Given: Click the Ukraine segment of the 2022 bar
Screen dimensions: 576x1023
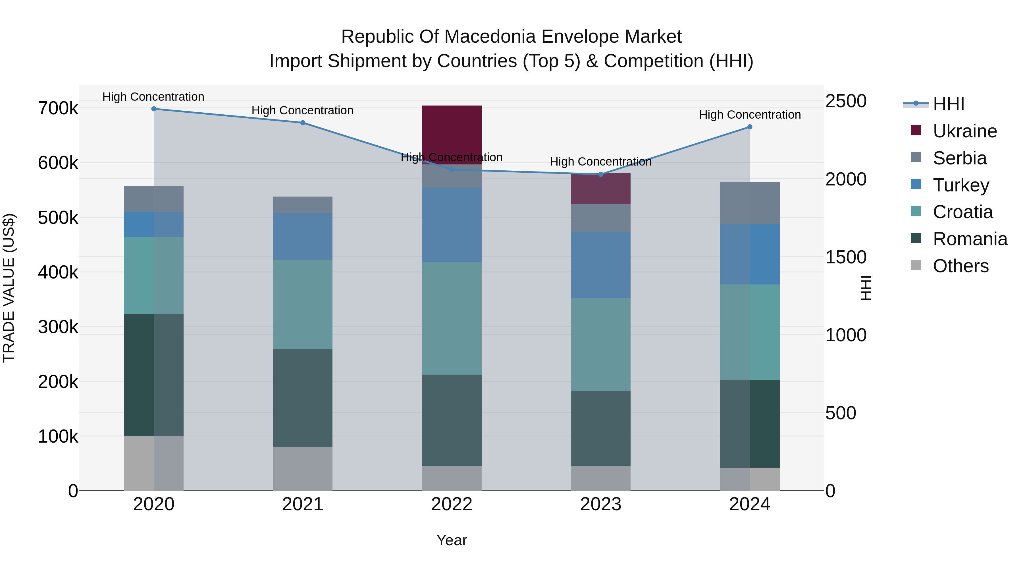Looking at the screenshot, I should coord(452,131).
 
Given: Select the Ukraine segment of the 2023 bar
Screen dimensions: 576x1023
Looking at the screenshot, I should coord(600,189).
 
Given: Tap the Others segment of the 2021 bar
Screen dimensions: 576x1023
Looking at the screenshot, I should coord(303,469).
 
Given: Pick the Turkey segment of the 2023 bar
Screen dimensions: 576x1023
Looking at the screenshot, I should coord(600,265).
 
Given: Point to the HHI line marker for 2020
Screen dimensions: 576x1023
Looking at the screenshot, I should coord(154,109).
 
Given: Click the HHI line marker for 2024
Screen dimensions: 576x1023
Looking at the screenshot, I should coord(750,127).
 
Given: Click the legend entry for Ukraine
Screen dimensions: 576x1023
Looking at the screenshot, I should coord(964,131).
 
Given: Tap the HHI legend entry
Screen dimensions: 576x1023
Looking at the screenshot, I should coord(948,104).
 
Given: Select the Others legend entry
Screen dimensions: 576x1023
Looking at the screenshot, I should coord(960,266).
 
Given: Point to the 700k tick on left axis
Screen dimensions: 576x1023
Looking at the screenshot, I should coord(58,108).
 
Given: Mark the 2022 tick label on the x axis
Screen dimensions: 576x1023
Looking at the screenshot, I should coord(452,504).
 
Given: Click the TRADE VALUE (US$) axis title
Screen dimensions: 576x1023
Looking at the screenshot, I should coord(9,288).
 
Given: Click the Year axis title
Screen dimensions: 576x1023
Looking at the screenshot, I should coord(452,540).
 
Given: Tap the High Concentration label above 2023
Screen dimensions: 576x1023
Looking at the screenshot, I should coord(600,162).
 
